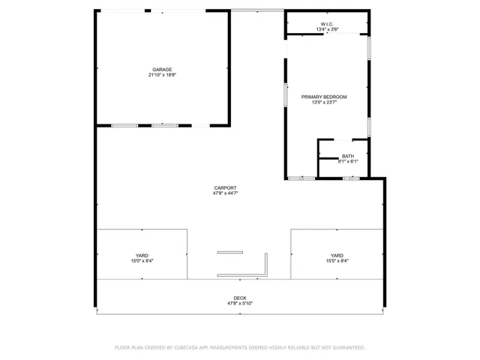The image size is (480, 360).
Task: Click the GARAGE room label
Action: point(162,70)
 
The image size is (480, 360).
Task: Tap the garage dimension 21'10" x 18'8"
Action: point(162,75)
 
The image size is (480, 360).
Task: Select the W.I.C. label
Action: point(327,25)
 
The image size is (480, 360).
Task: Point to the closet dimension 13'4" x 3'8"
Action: point(327,30)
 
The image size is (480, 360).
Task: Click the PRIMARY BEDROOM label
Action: point(324,97)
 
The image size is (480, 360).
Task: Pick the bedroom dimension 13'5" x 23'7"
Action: point(324,102)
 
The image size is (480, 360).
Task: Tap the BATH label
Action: point(348,156)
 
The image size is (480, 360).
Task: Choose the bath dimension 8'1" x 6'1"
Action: point(348,161)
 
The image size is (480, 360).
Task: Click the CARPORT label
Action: point(225,187)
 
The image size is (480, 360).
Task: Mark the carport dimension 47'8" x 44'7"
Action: point(225,193)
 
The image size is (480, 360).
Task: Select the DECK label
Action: point(240,298)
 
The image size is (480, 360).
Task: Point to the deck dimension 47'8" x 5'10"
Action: point(240,303)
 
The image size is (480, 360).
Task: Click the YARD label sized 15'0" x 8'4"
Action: point(142,255)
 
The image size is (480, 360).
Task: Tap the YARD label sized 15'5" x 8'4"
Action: point(337,255)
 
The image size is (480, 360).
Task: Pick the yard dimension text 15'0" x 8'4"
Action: point(142,260)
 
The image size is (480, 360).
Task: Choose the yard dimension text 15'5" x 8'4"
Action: point(337,260)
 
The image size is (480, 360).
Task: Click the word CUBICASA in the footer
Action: point(190,348)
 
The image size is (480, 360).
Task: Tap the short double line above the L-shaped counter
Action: point(230,252)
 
